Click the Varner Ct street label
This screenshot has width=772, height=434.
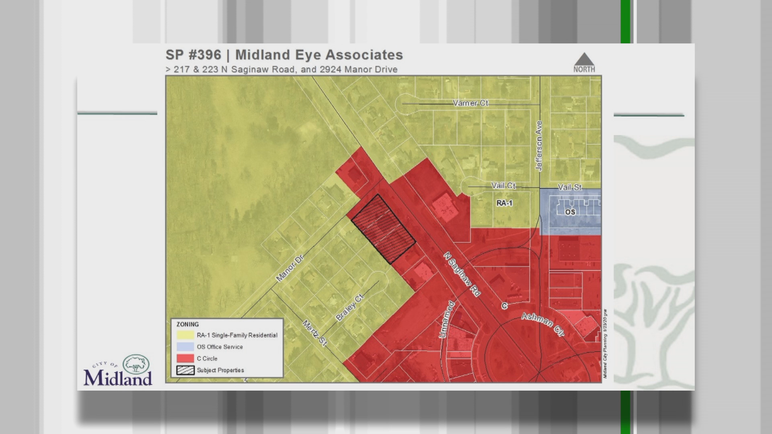click(470, 103)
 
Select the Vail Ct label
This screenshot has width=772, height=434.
click(503, 186)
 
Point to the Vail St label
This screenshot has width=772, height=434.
click(570, 187)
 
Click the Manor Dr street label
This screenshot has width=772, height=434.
click(289, 267)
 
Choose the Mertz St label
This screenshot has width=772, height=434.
click(314, 333)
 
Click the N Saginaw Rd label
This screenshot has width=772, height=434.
click(462, 274)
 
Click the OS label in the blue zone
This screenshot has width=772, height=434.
click(570, 212)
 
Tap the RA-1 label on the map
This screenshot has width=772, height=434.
click(504, 203)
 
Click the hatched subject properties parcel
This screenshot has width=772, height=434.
click(383, 229)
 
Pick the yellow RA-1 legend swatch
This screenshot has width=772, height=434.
click(185, 335)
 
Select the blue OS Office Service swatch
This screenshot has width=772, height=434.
click(185, 347)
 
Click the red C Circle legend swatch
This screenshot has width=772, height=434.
click(185, 358)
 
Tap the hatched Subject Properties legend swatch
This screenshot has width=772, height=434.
click(185, 370)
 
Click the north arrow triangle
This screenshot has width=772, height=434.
click(584, 59)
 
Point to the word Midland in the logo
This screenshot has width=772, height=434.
click(118, 377)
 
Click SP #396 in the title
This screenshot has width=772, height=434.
click(193, 55)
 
